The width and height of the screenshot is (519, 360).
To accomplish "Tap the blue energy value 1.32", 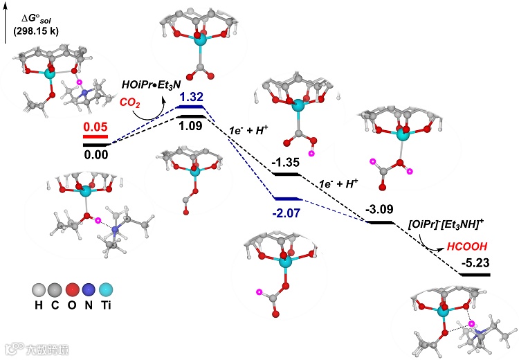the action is (191, 98).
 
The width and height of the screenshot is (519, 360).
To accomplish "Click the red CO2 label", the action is (133, 102).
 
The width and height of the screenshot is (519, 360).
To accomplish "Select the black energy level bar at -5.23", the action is (475, 275).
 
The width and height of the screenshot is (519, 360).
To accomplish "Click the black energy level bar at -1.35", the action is (285, 174).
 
